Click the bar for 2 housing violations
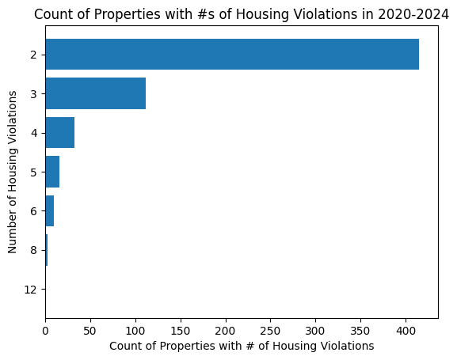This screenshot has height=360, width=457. click(x=231, y=55)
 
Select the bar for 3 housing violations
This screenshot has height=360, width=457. click(x=95, y=94)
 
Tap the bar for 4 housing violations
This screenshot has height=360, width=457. click(x=59, y=133)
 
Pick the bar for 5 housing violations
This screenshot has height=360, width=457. click(x=52, y=172)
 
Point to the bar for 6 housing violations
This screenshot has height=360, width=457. click(x=49, y=211)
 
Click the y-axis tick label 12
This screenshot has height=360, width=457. click(x=30, y=290)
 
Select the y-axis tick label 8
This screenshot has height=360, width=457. click(x=33, y=250)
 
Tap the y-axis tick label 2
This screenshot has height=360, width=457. click(x=33, y=55)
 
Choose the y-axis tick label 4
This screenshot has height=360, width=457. click(x=33, y=133)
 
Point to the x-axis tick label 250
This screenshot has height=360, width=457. click(x=271, y=331)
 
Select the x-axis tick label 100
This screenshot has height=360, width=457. click(x=135, y=331)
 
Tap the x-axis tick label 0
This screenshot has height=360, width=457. click(x=45, y=331)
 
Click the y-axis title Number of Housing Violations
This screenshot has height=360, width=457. click(x=13, y=172)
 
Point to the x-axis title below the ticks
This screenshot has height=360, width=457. click(x=242, y=346)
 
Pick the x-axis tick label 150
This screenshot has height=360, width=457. click(x=181, y=331)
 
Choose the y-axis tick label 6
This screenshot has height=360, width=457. click(x=33, y=211)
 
